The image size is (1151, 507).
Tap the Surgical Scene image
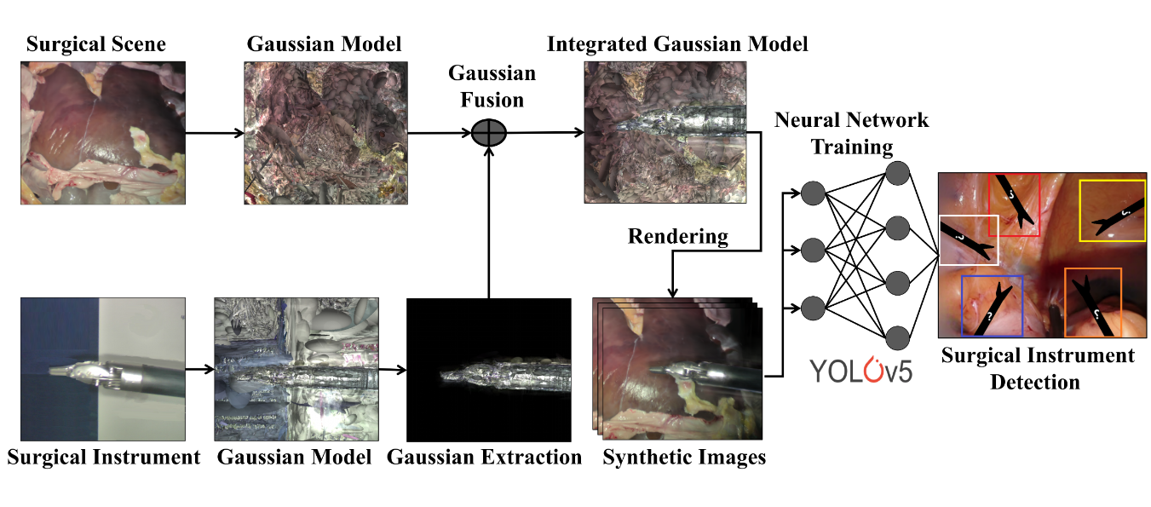tap(102, 132)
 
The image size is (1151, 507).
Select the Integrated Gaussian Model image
tap(665, 132)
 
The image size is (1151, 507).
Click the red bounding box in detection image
tap(1014, 205)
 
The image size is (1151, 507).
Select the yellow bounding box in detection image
tap(1112, 210)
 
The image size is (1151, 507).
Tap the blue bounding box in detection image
tap(992, 304)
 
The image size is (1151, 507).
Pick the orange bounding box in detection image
tap(1093, 301)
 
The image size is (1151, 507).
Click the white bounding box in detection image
tap(969, 240)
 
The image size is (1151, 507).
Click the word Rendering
tap(678, 236)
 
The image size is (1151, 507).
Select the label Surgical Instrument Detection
tap(1037, 368)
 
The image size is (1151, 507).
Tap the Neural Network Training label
tap(851, 133)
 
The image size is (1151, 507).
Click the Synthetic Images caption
tap(684, 457)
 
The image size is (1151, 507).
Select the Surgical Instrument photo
tap(102, 369)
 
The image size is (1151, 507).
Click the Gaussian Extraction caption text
tap(484, 457)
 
